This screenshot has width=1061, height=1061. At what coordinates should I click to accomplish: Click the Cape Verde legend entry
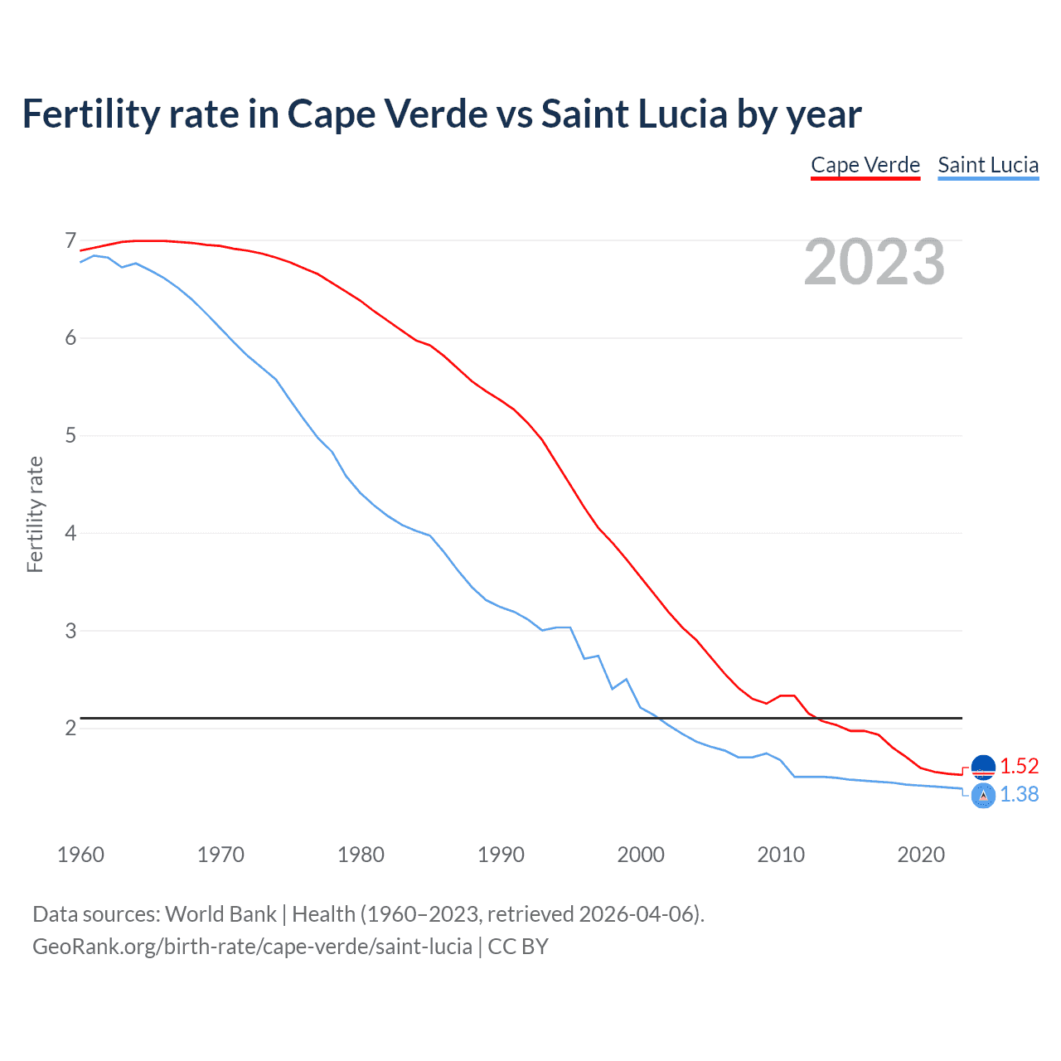point(865,165)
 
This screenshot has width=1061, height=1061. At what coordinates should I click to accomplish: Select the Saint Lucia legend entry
point(988,165)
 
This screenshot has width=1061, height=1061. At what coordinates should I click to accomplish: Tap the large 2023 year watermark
point(874,262)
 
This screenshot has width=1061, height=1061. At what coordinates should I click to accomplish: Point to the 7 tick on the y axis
point(70,241)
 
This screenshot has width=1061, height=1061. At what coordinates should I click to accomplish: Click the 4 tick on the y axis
point(70,533)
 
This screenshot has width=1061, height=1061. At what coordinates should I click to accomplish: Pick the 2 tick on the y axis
point(70,728)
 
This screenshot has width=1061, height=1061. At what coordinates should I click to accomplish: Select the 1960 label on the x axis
point(80,855)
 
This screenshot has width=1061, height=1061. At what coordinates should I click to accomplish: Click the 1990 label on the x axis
point(501,855)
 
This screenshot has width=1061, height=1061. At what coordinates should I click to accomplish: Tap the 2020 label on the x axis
point(921,855)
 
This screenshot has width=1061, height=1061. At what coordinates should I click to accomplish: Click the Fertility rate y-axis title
point(35,514)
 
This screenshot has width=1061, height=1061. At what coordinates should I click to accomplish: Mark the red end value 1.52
point(1019,766)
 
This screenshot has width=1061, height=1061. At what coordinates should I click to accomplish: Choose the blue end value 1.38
point(1019,794)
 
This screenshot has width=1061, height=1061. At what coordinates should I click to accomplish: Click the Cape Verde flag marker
point(983,768)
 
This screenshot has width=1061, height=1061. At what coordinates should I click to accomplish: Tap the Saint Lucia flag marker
point(983,796)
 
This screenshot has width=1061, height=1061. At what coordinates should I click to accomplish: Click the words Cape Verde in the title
point(387,114)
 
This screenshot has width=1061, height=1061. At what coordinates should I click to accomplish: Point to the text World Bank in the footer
point(220,914)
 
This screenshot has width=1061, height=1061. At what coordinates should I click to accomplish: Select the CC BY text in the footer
point(518,947)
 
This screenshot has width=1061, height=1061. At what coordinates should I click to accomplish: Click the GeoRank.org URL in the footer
point(252,947)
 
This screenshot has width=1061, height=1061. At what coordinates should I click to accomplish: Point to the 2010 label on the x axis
point(781,855)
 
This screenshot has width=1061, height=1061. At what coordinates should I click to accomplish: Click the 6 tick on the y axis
point(70,338)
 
